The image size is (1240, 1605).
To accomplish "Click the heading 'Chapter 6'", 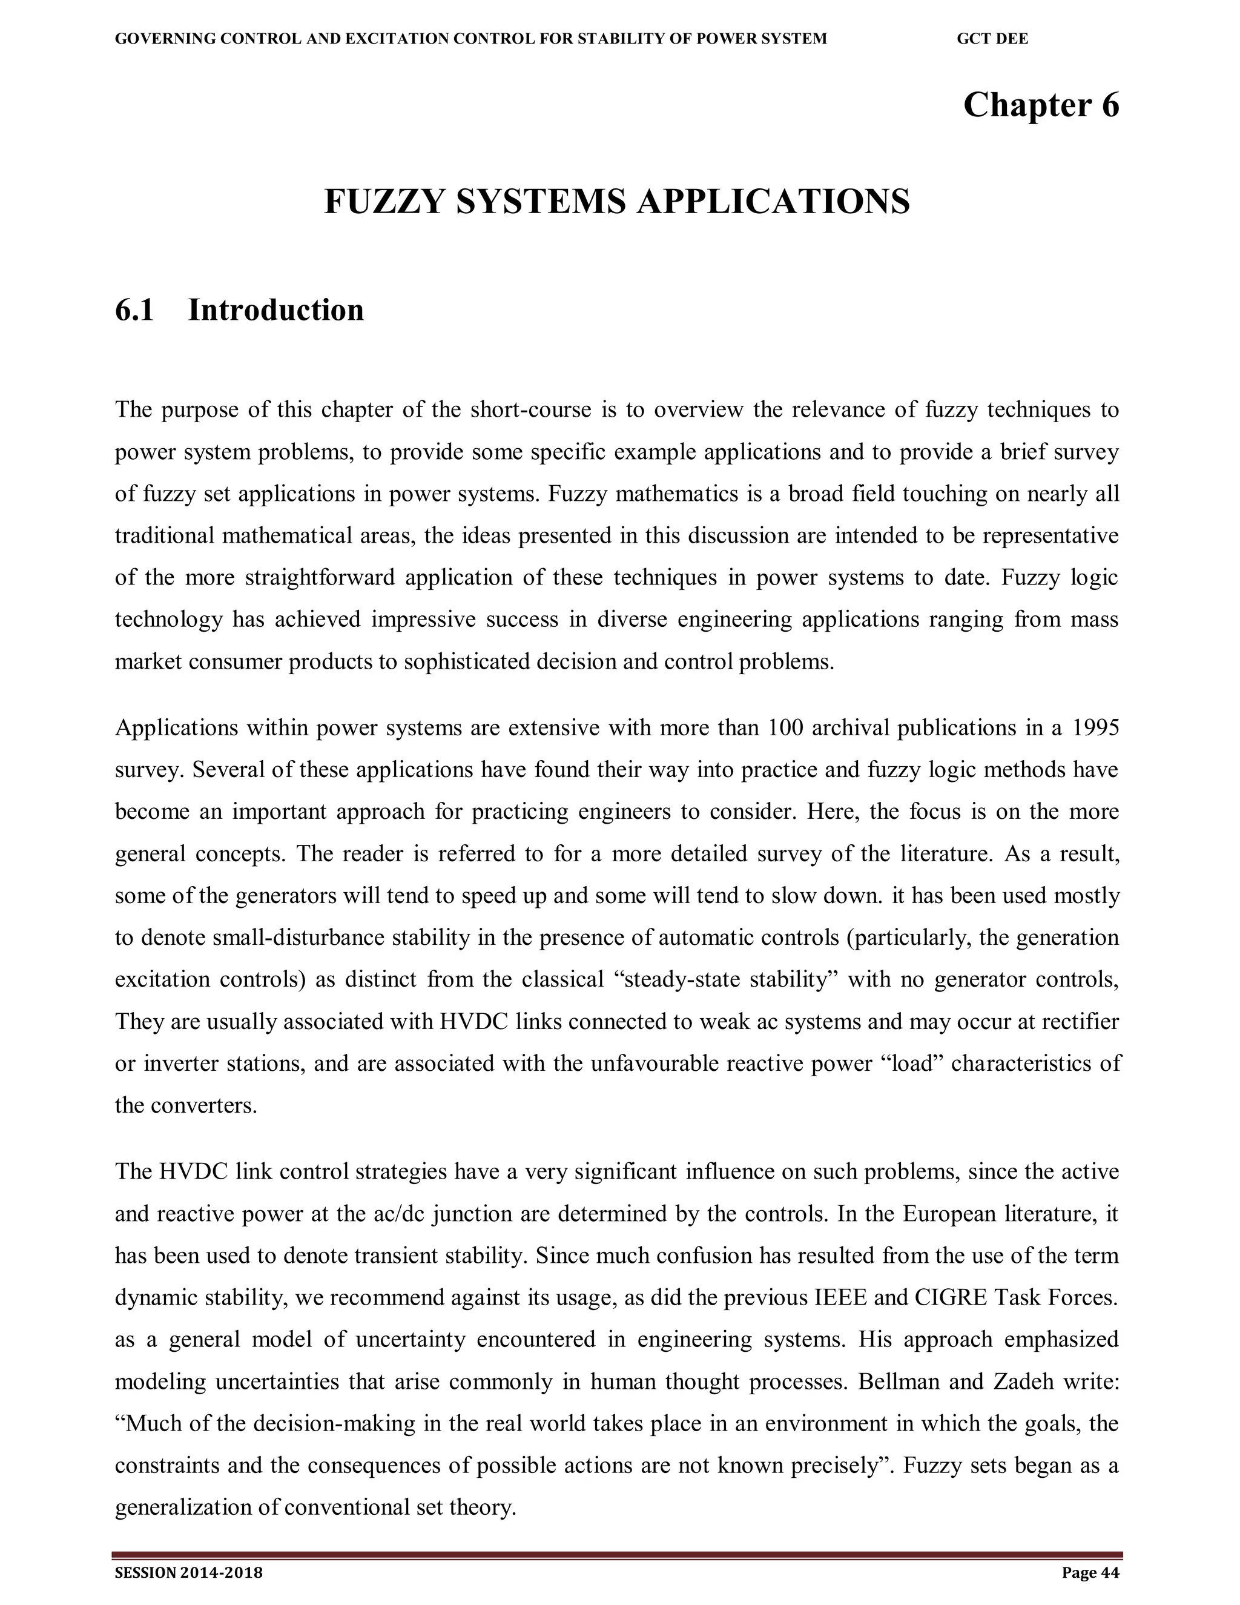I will (1040, 105).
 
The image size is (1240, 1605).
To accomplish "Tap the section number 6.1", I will (134, 310).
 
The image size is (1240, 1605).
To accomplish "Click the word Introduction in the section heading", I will (275, 310).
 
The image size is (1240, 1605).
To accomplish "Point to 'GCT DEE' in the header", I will (992, 39).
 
